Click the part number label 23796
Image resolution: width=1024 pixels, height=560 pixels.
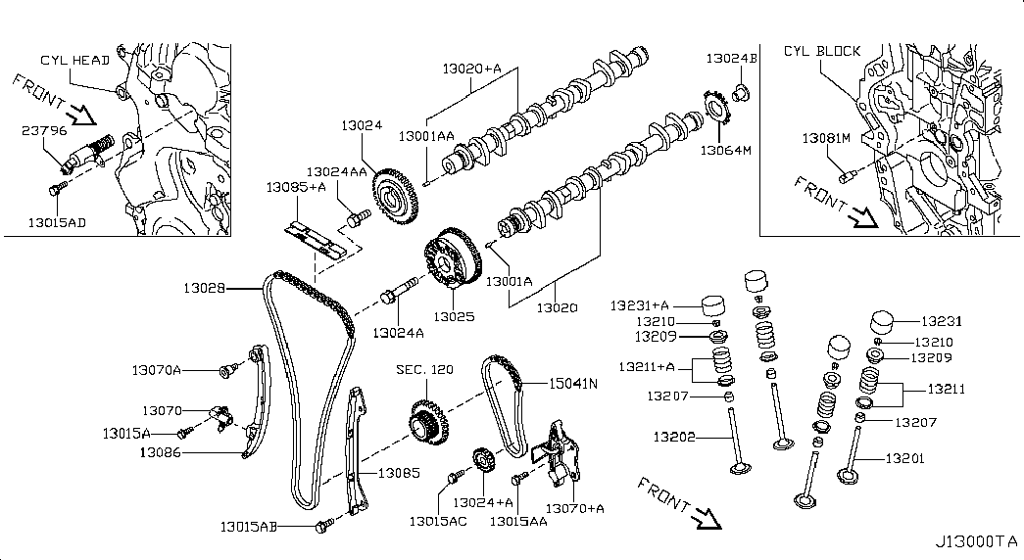(x=44, y=130)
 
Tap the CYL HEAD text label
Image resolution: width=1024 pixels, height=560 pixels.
(x=75, y=60)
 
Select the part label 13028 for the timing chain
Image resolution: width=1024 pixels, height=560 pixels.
(x=205, y=288)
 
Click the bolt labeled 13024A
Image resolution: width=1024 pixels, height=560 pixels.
(x=398, y=292)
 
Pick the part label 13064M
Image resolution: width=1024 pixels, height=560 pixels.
(x=726, y=150)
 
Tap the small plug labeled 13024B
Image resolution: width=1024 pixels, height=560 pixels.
(x=741, y=92)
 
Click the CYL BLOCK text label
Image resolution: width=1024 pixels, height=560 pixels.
(x=822, y=51)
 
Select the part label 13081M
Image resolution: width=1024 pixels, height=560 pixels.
(x=826, y=138)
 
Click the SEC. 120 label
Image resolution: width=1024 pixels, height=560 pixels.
(x=424, y=369)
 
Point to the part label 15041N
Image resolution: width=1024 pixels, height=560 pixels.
(x=572, y=383)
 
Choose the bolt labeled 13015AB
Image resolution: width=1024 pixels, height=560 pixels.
(x=324, y=525)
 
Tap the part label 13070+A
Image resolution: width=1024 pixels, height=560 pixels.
(x=574, y=508)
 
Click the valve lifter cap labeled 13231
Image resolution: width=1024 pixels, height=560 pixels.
(x=883, y=322)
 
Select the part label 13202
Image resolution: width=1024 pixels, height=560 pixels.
(x=674, y=437)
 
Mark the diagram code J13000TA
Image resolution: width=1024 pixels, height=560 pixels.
(x=976, y=541)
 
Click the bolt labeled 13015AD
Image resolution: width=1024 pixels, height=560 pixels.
(x=56, y=189)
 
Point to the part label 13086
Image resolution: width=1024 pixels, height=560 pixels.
(x=160, y=451)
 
